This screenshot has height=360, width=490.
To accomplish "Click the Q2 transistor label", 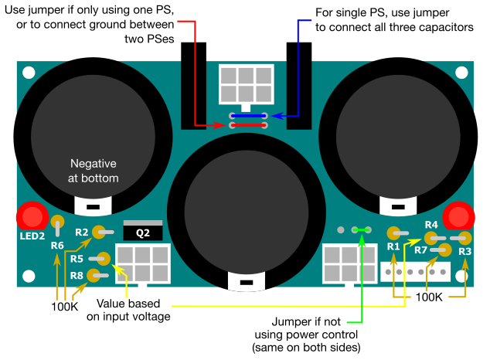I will (144, 232).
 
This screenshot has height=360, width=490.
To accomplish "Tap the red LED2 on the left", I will (33, 216).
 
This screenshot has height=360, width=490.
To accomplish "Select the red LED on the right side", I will (458, 216).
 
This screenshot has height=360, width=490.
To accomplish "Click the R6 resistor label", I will (57, 246).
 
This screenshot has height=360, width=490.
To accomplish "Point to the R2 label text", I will (82, 232).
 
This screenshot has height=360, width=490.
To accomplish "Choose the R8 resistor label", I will (77, 275).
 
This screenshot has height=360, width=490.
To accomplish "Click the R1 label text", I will (393, 246).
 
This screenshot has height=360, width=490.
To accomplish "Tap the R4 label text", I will (431, 225).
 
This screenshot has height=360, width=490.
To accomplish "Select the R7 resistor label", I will (420, 250).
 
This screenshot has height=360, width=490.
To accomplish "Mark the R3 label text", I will (464, 251).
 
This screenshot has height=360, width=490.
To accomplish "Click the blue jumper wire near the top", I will (248, 116).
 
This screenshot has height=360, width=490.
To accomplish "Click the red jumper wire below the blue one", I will (248, 125).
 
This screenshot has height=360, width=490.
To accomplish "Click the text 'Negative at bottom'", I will (93, 171).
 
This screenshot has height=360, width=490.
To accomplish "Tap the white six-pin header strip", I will (414, 272).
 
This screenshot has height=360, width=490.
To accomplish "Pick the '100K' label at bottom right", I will (430, 296).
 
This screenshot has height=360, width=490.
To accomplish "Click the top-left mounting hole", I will (29, 74).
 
